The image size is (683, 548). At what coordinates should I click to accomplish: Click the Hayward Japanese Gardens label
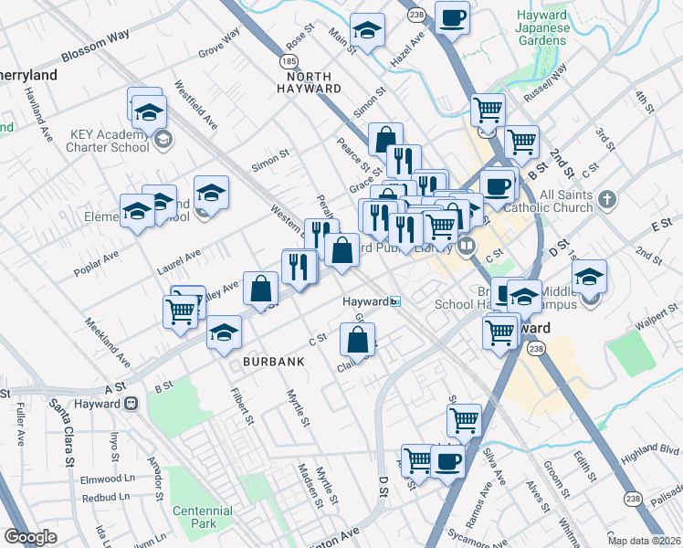pyautogui.click(x=542, y=27)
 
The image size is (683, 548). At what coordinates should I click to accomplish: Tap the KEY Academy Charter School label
pyautogui.click(x=109, y=140)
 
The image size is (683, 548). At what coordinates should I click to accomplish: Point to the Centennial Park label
pyautogui.click(x=195, y=517)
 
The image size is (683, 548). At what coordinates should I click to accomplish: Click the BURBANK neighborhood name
pyautogui.click(x=273, y=362)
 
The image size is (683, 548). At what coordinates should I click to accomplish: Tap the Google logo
pyautogui.click(x=30, y=537)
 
